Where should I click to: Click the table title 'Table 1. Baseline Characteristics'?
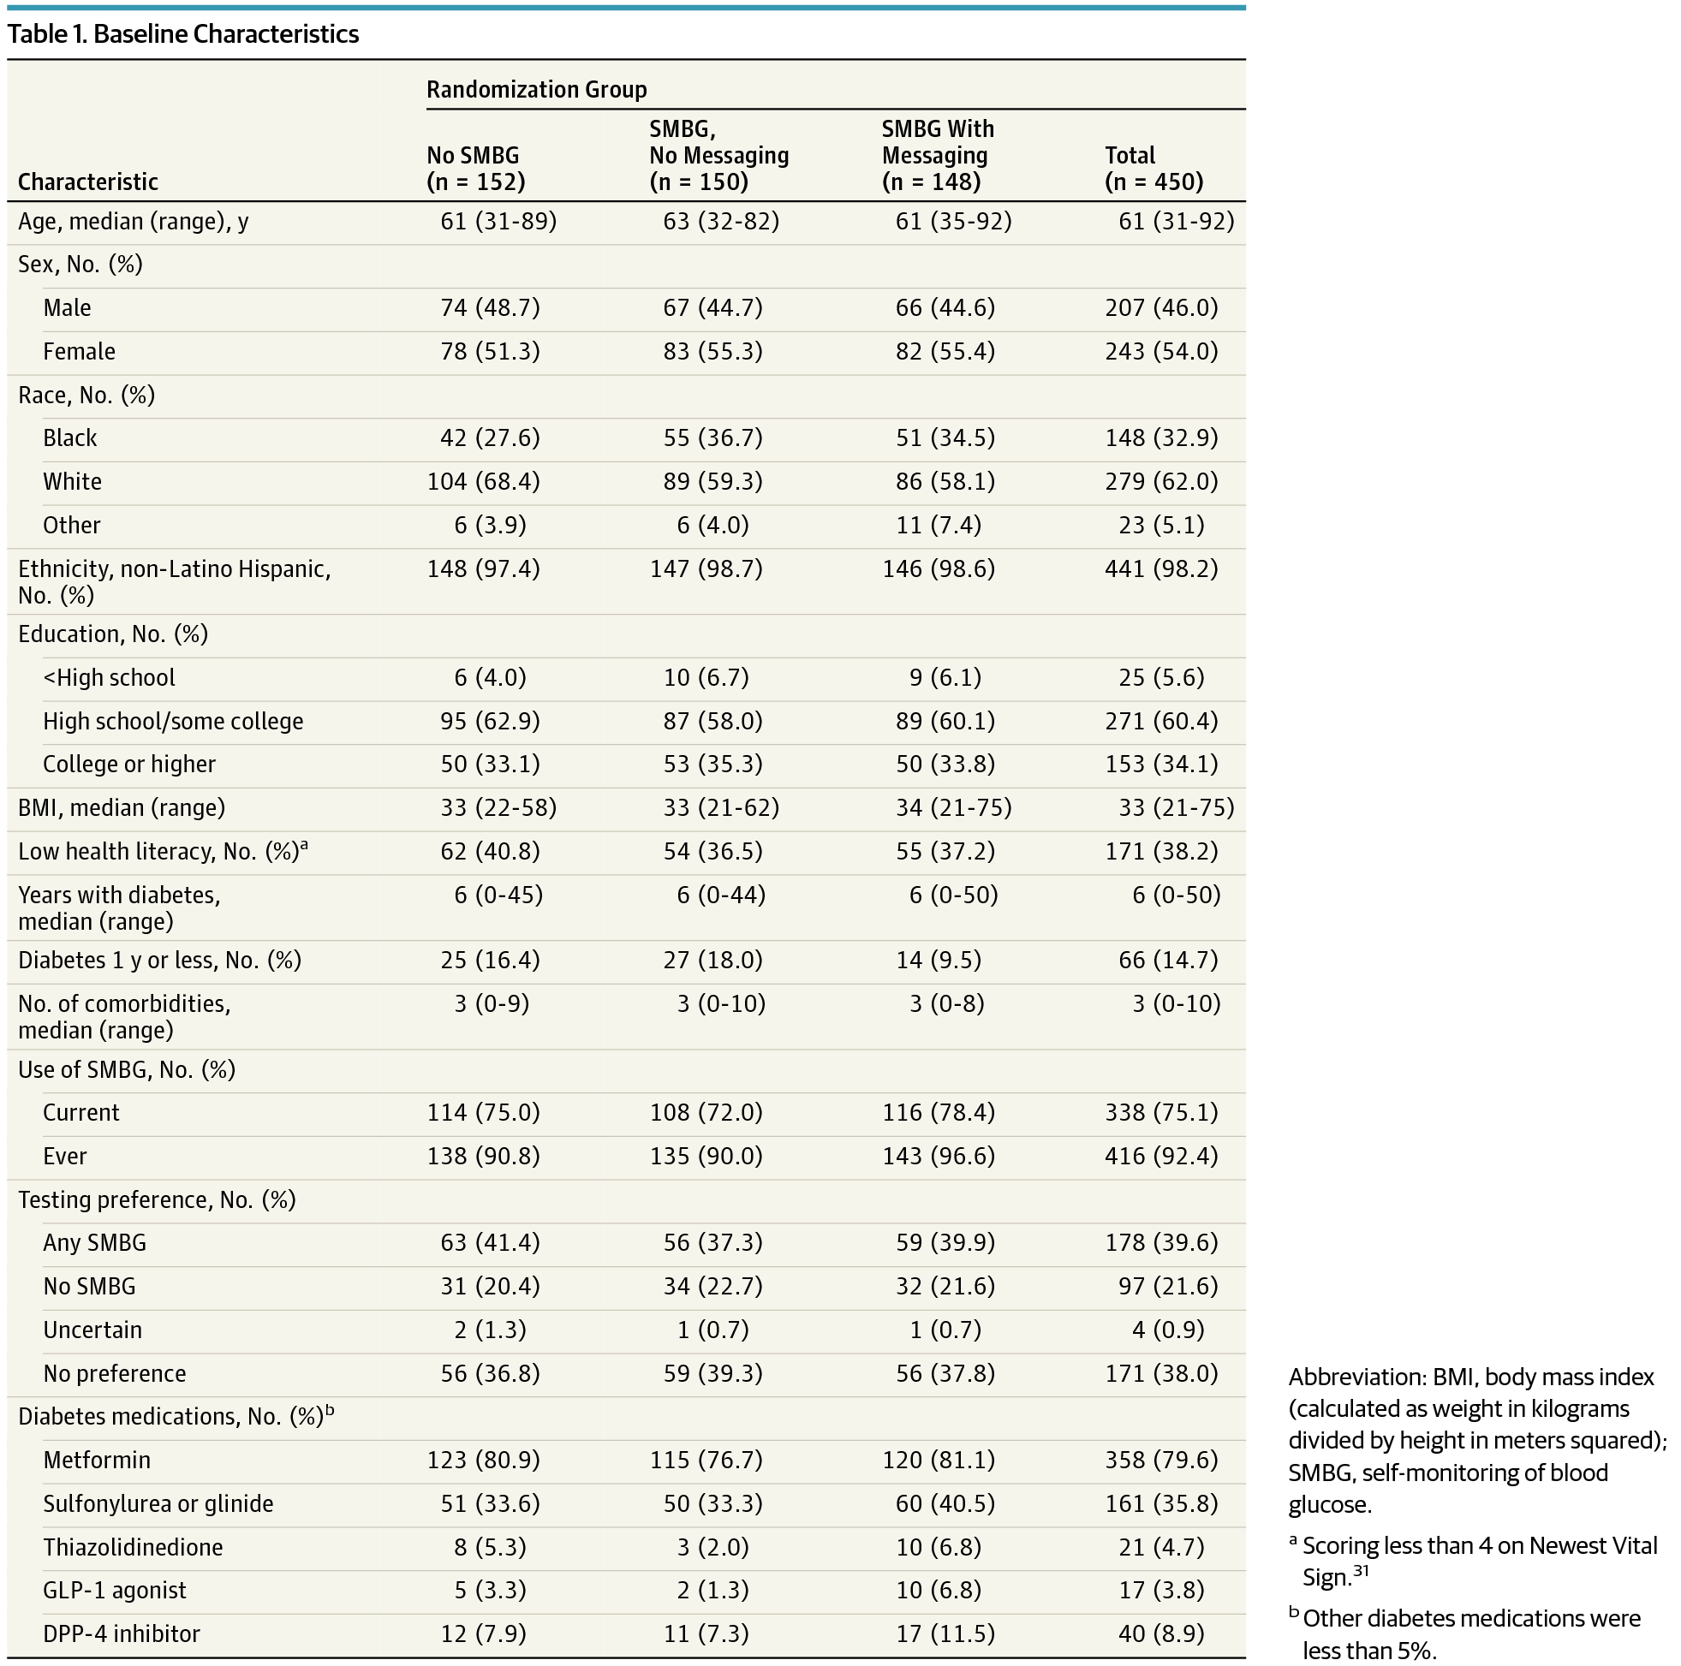coord(182,34)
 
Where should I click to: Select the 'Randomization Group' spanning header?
coord(537,90)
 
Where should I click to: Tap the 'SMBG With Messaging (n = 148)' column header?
coord(937,155)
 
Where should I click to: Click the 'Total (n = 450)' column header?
coord(1154,168)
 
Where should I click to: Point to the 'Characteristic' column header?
coord(88,181)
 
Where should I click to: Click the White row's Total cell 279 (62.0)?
coord(1161,482)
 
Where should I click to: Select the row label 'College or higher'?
coord(128,764)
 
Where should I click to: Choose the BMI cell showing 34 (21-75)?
coord(954,808)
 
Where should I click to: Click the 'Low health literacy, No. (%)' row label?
coord(163,851)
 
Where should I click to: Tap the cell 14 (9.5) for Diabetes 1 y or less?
coord(938,961)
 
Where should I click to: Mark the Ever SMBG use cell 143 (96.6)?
coord(938,1157)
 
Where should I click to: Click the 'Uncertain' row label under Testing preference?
coord(92,1330)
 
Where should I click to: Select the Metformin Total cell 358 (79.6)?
coord(1161,1460)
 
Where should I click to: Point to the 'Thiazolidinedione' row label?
coord(133,1548)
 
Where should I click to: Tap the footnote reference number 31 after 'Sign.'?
coord(1360,1571)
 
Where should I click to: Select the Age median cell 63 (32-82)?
coord(721,222)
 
